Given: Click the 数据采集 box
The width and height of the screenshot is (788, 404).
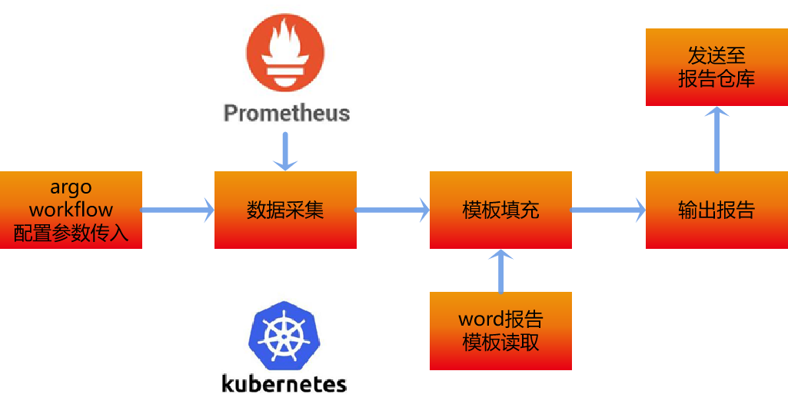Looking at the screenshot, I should (285, 210).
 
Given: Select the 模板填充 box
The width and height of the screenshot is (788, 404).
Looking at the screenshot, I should (500, 210).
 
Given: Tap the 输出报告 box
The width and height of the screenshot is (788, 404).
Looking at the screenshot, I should (717, 210).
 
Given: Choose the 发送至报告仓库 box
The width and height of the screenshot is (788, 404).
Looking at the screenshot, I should (717, 68).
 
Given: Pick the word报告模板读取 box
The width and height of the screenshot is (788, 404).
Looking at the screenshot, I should (500, 331).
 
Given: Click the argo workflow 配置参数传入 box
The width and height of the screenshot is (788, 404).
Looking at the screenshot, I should (71, 210).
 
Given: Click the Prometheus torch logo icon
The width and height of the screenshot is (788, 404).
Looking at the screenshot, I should (285, 53).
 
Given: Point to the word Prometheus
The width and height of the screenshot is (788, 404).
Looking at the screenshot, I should (286, 113).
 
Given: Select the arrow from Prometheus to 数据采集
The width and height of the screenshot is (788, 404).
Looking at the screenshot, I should (285, 151).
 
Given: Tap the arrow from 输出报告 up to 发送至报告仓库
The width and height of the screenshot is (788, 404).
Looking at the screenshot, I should (717, 139).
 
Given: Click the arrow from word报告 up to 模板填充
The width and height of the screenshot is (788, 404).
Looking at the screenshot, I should (500, 270).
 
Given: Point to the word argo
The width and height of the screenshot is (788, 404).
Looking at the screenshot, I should (71, 187).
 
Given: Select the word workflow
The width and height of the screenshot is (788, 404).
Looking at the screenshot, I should (71, 210).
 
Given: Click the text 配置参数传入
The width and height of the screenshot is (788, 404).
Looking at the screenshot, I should (71, 233).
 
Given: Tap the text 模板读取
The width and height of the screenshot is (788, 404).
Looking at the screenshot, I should (500, 343).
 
